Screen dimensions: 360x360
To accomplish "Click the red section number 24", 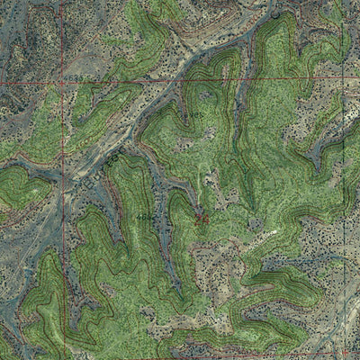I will (x=201, y=218).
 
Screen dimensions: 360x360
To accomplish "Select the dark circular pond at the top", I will (x=274, y=14).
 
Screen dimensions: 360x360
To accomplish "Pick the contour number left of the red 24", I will (x=144, y=218).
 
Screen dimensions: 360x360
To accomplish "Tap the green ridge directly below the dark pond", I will (x=274, y=54).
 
